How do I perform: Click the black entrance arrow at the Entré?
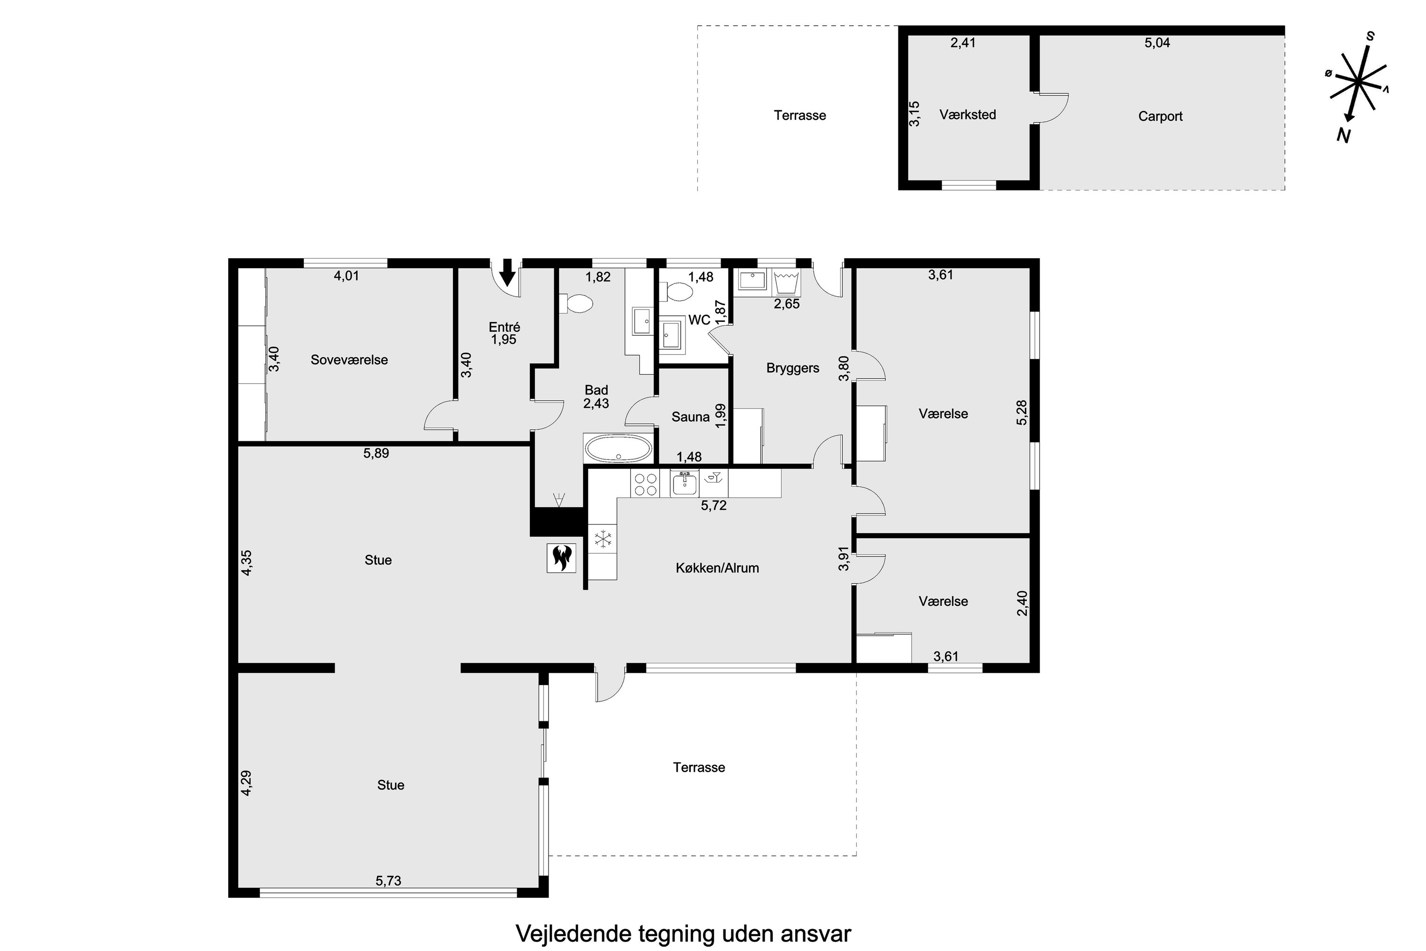[508, 273]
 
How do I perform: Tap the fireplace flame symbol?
[561, 557]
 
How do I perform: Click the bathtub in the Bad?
[618, 449]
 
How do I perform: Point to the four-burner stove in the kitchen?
[645, 484]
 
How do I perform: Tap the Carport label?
[1160, 116]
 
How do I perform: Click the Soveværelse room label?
[349, 359]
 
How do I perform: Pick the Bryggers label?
[792, 368]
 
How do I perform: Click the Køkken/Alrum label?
[717, 568]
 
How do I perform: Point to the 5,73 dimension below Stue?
[388, 881]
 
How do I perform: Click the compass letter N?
[1343, 136]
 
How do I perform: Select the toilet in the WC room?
[679, 293]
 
